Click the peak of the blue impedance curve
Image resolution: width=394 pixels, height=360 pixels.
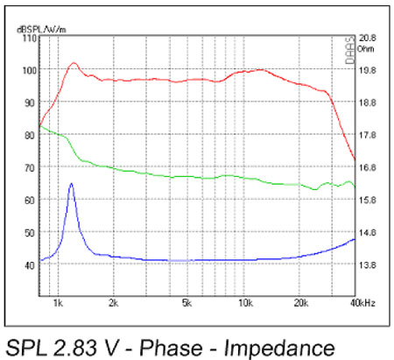pyautogui.click(x=71, y=184)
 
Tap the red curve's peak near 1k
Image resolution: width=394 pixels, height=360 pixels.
pyautogui.click(x=74, y=63)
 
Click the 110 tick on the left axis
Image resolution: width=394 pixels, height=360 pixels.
pyautogui.click(x=29, y=39)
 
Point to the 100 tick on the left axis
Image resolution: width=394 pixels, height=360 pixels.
pyautogui.click(x=29, y=70)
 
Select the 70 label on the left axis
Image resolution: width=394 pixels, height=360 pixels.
pyautogui.click(x=29, y=167)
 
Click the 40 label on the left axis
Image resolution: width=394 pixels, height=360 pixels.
pyautogui.click(x=29, y=265)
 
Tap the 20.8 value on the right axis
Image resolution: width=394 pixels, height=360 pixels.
pyautogui.click(x=369, y=39)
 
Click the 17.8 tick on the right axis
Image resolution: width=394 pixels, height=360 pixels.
pyautogui.click(x=369, y=135)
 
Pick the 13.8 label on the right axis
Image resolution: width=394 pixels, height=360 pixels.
pyautogui.click(x=369, y=265)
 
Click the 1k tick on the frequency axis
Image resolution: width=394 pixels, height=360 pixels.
pyautogui.click(x=59, y=302)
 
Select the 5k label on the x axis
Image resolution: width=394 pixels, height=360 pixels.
pyautogui.click(x=186, y=302)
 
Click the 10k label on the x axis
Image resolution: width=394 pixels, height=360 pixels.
pyautogui.click(x=241, y=302)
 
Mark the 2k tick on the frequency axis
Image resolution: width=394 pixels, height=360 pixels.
pyautogui.click(x=113, y=302)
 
